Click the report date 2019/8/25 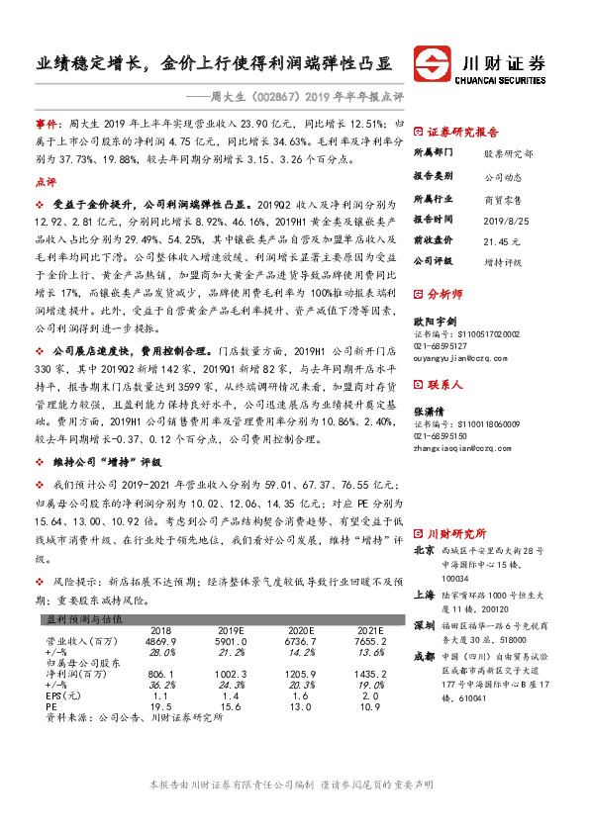(x=501, y=219)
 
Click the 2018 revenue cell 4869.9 (x=159, y=641)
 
